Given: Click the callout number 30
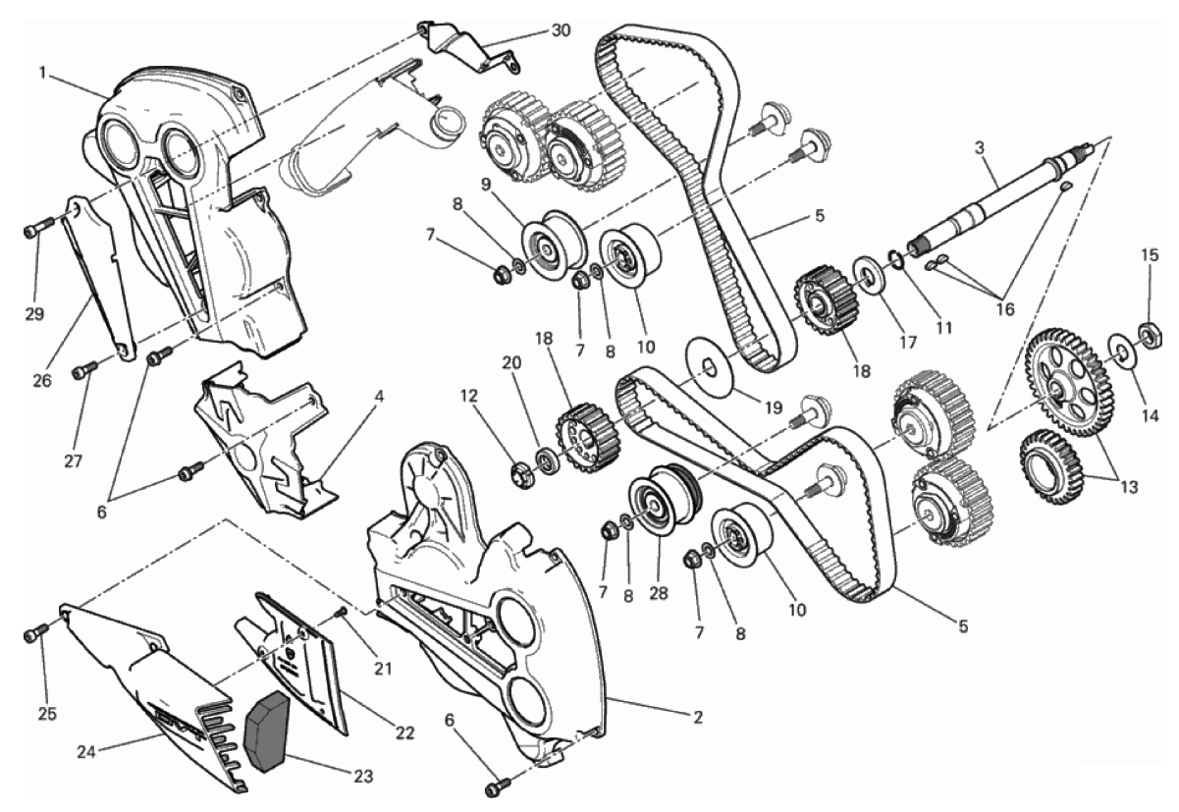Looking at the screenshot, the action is [x=561, y=30].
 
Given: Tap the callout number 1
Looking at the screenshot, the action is [x=42, y=72].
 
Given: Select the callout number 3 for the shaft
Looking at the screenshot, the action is [x=979, y=149].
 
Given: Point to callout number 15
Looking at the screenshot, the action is [x=1151, y=255].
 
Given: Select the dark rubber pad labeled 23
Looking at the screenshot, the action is [x=268, y=731].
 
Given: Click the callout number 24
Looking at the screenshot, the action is [x=86, y=752].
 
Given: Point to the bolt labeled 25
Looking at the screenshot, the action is [x=36, y=633].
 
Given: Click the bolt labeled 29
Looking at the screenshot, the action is [x=38, y=228].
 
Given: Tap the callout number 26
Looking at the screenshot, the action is [x=42, y=380].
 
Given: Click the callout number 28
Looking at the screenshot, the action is [x=658, y=593].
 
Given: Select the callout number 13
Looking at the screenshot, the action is [x=1129, y=487].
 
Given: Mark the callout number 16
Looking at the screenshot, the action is [x=1005, y=309].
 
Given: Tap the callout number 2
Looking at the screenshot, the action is [x=697, y=718].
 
